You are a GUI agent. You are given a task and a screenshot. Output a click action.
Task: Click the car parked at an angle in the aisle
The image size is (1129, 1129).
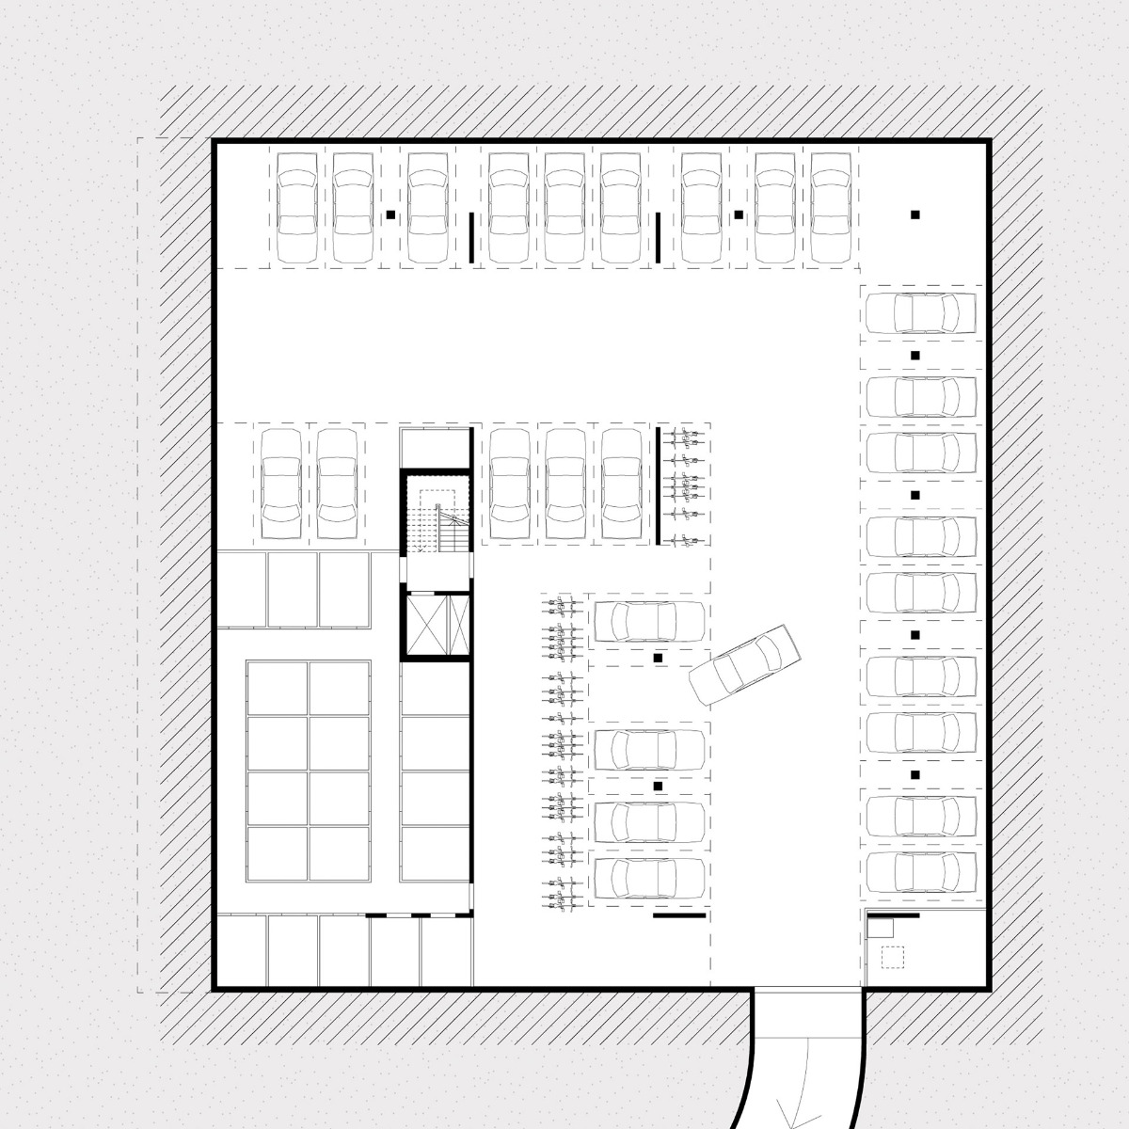coord(744,665)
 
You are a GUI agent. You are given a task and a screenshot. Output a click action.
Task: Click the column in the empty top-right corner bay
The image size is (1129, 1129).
coord(914,215)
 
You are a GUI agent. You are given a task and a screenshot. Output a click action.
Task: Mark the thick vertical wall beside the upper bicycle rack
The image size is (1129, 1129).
coord(658,485)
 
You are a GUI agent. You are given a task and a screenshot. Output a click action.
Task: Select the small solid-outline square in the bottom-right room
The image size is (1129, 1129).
coord(880,927)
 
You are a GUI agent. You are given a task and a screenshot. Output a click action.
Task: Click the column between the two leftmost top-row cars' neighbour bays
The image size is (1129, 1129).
coord(390,215)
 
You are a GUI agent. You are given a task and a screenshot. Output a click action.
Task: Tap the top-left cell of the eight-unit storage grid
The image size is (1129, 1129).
coord(278,690)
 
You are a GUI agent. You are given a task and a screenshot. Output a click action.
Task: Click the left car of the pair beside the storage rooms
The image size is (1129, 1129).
coord(280,483)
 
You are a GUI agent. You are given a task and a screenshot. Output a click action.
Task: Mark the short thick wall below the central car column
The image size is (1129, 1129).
coord(678,914)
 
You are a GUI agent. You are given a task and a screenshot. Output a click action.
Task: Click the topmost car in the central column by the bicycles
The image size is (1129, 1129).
coord(648,621)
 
